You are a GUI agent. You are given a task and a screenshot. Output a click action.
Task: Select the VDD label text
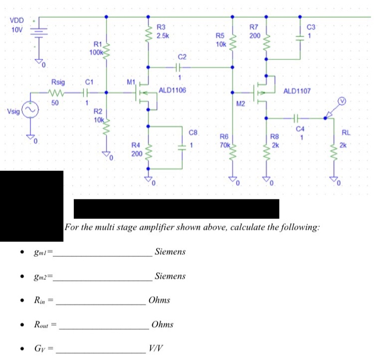[x=17, y=20]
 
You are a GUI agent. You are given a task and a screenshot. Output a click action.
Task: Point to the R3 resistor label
[x=161, y=27]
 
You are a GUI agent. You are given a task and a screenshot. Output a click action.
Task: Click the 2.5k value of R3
[x=163, y=35]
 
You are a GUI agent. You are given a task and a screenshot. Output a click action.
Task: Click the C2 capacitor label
[x=182, y=57]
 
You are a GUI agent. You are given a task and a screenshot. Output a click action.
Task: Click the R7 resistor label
[x=254, y=27]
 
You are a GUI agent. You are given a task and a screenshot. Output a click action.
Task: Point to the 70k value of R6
[x=223, y=144]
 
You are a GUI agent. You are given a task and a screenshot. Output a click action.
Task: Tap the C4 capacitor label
[x=300, y=129]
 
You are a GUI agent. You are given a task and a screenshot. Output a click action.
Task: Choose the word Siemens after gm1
[x=170, y=251]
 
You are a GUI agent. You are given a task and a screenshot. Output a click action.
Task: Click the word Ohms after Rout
[x=162, y=325]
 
